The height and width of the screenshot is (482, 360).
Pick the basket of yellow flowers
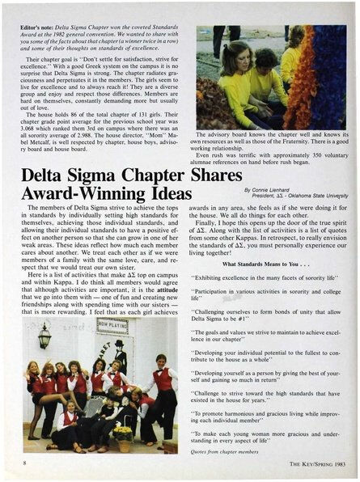(122, 432)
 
